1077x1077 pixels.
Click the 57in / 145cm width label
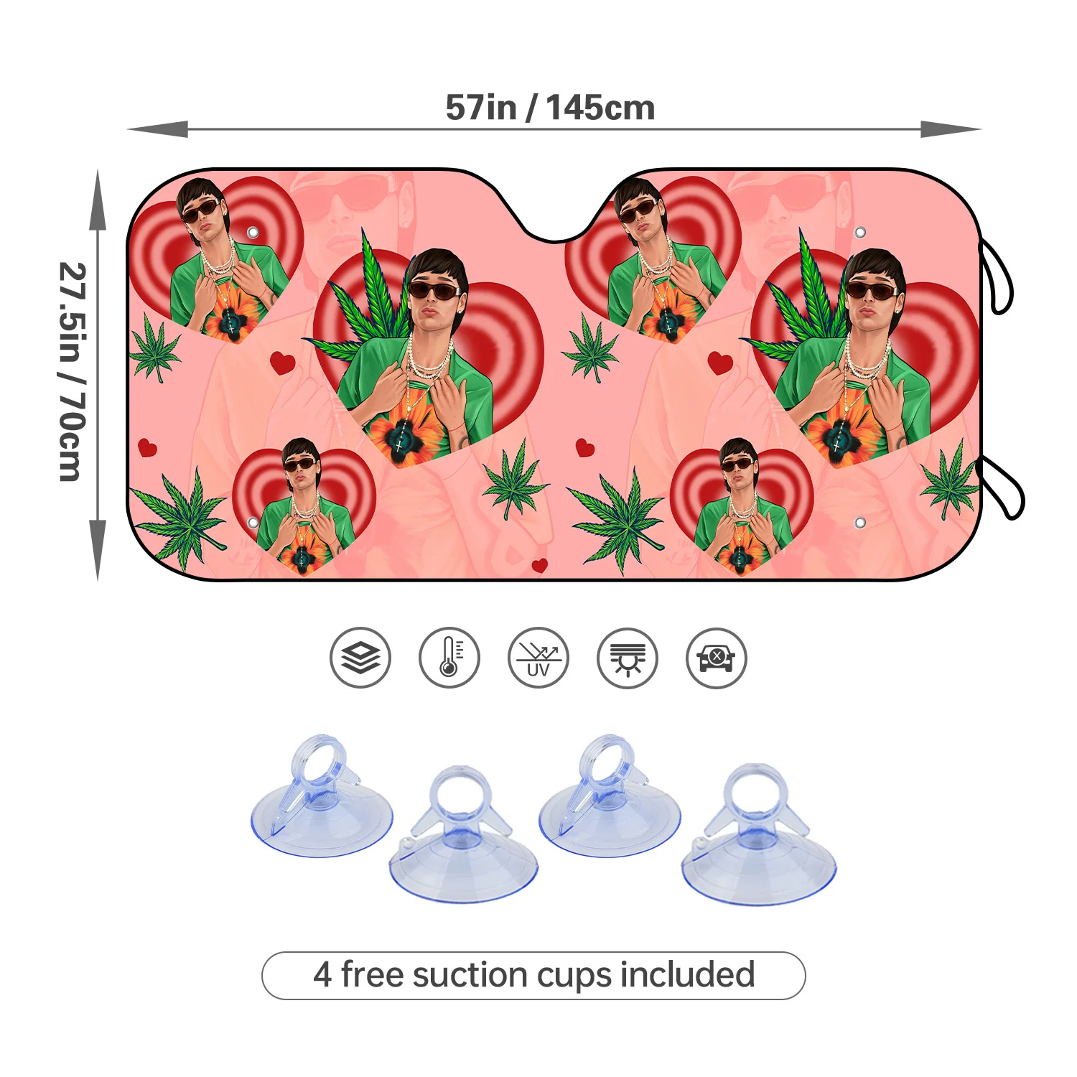click(550, 108)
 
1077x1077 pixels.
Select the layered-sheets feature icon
click(360, 658)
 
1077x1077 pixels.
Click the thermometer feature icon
click(449, 658)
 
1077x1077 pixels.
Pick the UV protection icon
click(538, 658)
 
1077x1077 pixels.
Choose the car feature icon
click(717, 658)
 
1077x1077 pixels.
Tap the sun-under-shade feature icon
click(628, 658)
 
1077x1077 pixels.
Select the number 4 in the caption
click(322, 975)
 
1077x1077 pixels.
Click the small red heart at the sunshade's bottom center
click(540, 565)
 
